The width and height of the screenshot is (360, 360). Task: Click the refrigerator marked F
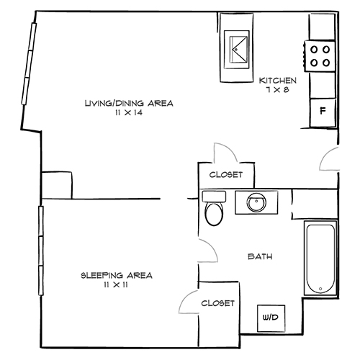(x=322, y=112)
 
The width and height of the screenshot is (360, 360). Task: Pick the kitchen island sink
(x=238, y=49)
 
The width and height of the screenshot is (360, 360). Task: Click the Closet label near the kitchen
(x=225, y=175)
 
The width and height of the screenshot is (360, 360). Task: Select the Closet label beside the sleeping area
(x=217, y=303)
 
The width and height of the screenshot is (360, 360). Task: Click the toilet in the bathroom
(x=214, y=212)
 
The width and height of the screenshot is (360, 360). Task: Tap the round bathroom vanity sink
(x=256, y=202)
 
